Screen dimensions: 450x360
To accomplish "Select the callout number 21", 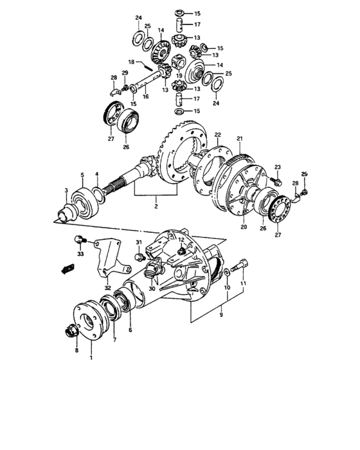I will [239, 138].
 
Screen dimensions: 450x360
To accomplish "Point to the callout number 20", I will [244, 226].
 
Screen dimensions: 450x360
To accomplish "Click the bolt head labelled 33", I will [78, 240].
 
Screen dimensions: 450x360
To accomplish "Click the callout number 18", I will [131, 62].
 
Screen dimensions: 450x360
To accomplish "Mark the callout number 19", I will [179, 75].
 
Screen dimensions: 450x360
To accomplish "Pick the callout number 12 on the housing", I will [182, 239].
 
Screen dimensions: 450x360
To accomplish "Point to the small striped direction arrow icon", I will [65, 267].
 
